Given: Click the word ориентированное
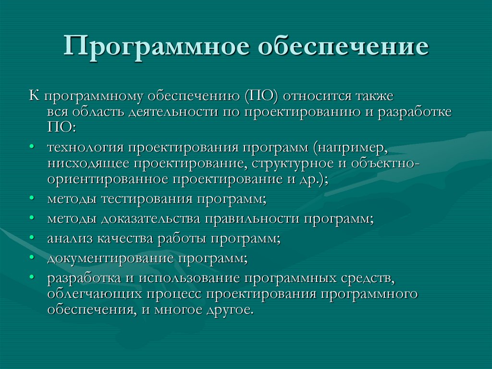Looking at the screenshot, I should pos(107,179).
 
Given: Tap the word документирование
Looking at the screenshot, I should pos(110,258).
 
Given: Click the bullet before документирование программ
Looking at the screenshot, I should pos(31,258).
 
